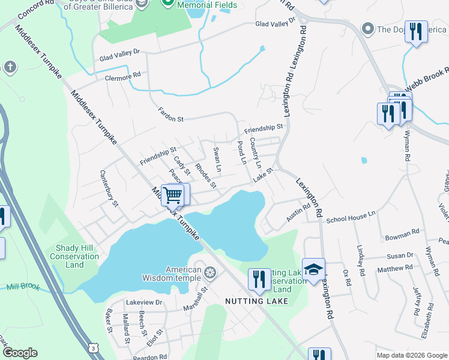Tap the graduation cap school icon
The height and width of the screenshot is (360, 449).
[313, 270]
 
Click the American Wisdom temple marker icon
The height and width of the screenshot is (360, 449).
[210, 274]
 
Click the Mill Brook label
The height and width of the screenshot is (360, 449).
[22, 287]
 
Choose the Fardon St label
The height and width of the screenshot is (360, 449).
[170, 115]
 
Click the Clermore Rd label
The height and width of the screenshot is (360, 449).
[122, 76]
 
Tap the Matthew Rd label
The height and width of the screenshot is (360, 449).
[395, 268]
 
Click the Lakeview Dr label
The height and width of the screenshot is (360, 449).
[143, 302]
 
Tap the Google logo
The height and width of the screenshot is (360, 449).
[20, 353]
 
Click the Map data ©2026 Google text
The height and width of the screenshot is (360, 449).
[411, 355]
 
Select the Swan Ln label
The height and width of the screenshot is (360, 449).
[217, 159]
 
